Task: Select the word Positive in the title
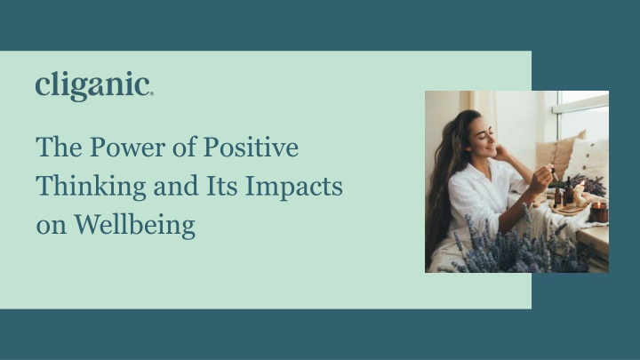pyautogui.click(x=252, y=148)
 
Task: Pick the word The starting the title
pyautogui.click(x=55, y=148)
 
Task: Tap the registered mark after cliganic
pyautogui.click(x=152, y=92)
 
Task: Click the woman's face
pyautogui.click(x=484, y=140)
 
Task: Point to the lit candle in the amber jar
pyautogui.click(x=599, y=212)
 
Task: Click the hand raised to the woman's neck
pyautogui.click(x=502, y=153)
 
